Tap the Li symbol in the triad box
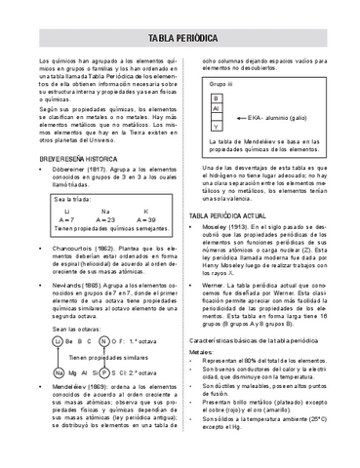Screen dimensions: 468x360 tap(65, 211)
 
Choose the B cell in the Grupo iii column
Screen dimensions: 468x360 tap(217, 98)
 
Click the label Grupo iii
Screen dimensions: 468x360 tap(220, 86)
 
